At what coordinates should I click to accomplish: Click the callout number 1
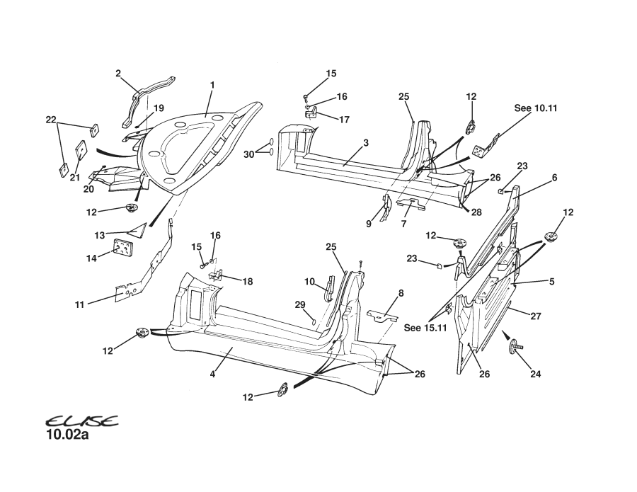click(x=212, y=85)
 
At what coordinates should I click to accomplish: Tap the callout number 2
click(x=118, y=72)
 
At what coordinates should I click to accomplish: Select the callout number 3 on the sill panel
click(x=366, y=143)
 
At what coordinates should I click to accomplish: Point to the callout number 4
click(x=212, y=374)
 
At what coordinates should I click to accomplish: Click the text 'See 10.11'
click(x=536, y=108)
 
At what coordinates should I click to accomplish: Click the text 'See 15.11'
click(x=426, y=328)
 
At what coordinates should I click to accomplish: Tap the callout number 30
click(x=248, y=154)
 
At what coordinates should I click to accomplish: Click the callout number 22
click(x=50, y=120)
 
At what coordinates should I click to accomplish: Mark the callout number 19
click(x=159, y=108)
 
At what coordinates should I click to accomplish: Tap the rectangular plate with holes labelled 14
click(x=124, y=249)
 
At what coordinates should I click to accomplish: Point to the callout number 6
click(x=554, y=178)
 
